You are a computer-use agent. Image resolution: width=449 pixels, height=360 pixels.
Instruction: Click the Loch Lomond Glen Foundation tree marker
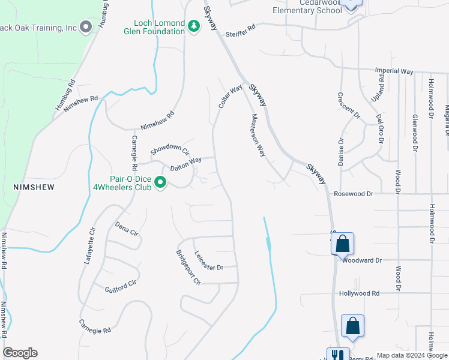(x=193, y=27)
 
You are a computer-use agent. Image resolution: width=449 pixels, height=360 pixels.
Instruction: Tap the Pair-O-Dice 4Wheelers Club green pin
(x=160, y=181)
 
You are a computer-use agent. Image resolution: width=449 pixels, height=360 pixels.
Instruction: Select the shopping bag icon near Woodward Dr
(x=342, y=244)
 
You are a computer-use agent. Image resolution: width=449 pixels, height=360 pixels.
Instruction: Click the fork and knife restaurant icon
(x=338, y=355)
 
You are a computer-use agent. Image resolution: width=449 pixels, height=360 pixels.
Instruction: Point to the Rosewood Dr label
(x=354, y=194)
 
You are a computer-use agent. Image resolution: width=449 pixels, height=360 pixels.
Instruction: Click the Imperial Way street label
(x=394, y=71)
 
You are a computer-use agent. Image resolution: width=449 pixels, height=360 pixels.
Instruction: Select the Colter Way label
(x=230, y=97)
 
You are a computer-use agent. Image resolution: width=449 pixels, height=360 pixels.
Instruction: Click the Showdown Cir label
(x=169, y=149)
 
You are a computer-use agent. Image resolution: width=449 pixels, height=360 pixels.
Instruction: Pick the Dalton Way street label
(x=185, y=162)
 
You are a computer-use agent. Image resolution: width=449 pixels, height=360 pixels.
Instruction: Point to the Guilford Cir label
(x=120, y=287)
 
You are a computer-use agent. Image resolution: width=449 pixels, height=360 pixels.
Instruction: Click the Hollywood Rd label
(x=360, y=293)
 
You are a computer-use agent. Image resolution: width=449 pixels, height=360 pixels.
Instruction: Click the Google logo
(x=20, y=353)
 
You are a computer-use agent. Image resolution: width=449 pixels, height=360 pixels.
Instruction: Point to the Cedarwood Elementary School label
(x=307, y=7)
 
